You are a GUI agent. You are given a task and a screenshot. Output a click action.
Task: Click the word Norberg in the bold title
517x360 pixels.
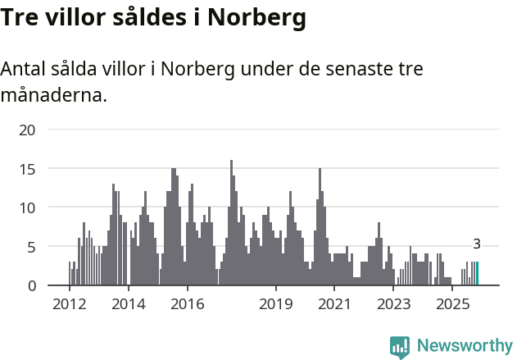(256, 17)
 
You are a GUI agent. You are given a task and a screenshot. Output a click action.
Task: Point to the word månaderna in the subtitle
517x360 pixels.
(54, 96)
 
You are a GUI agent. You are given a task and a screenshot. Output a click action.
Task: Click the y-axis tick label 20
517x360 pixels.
(28, 130)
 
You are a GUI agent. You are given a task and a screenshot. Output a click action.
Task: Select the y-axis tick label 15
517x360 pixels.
(28, 169)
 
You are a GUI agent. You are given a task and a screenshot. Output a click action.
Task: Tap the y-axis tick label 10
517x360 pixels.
(28, 207)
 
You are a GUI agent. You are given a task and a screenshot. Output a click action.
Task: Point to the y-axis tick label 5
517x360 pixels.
(32, 247)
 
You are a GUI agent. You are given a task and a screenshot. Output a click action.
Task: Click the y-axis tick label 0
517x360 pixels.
(32, 285)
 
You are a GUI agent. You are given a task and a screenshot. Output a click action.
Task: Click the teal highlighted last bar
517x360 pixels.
(478, 274)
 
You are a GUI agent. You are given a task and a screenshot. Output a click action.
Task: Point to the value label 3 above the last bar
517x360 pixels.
(477, 244)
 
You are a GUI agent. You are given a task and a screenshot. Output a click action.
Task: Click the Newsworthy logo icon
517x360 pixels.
(400, 347)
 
